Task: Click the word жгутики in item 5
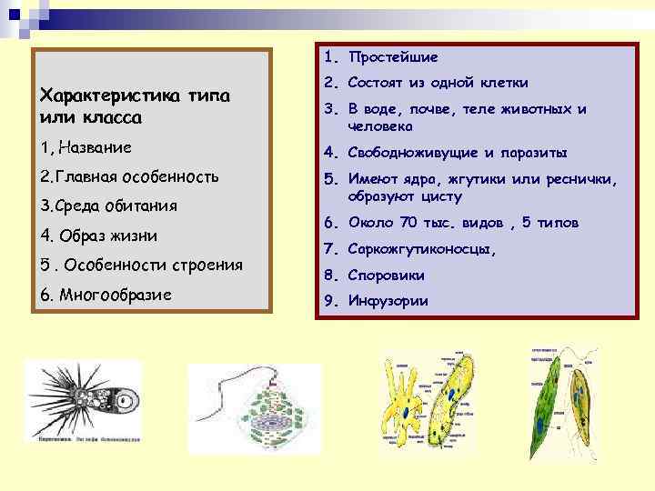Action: pyautogui.click(x=483, y=178)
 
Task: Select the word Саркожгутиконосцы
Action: pyautogui.click(x=422, y=249)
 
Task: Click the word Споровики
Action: pyautogui.click(x=386, y=276)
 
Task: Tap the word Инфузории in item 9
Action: pyautogui.click(x=388, y=302)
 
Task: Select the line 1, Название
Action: pyautogui.click(x=86, y=146)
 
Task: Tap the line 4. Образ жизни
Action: pyautogui.click(x=99, y=235)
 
